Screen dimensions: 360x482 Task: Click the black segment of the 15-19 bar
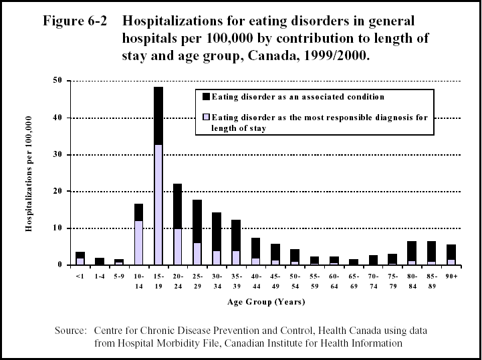tap(158, 116)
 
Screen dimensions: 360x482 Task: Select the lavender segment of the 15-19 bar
tap(158, 204)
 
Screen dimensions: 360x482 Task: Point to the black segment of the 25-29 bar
tap(197, 221)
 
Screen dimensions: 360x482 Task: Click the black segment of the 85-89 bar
tap(431, 251)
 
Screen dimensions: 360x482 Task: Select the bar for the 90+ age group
tap(451, 254)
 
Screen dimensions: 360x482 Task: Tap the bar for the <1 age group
tap(80, 258)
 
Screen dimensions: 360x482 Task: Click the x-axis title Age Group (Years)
tap(265, 302)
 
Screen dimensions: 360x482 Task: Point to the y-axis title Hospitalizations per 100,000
tap(30, 172)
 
